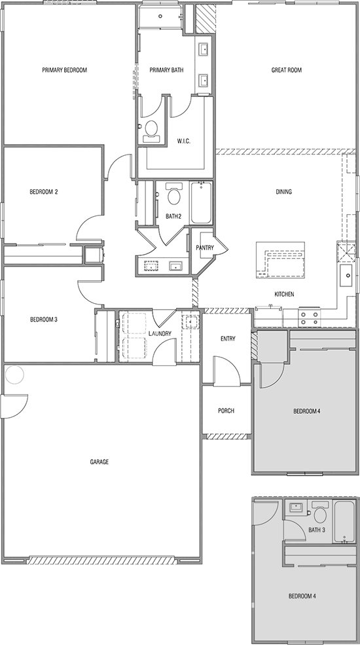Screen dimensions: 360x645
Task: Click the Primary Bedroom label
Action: pos(65,70)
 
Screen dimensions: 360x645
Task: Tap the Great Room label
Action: pos(287,70)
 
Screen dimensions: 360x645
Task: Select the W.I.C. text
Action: pos(184,141)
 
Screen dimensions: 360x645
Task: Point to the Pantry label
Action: pos(205,248)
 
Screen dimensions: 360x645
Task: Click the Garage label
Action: pos(99,462)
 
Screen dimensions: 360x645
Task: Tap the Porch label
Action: pos(226,411)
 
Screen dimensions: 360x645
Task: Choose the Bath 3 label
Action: pos(317,530)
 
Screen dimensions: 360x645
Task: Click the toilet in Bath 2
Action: pos(174,194)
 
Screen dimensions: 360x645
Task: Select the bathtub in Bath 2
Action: pos(201,203)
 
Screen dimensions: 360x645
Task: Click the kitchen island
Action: pos(280,260)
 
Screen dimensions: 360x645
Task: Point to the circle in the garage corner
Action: pos(14,375)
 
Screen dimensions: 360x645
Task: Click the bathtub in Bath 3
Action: pos(344,522)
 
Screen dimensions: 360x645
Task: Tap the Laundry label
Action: pos(160,333)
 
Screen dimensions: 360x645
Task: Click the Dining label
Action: pos(284,192)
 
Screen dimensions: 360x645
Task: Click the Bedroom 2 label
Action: pos(44,192)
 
